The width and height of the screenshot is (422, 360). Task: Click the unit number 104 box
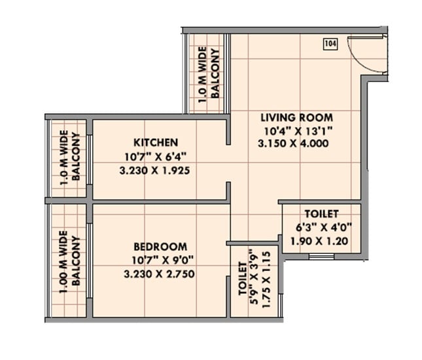[330, 45]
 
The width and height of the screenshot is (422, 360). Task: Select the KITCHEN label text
[156, 142]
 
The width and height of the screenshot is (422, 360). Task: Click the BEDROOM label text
[160, 247]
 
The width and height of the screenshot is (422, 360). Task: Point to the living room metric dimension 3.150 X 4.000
[294, 144]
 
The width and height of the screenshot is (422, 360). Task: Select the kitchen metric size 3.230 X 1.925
[156, 170]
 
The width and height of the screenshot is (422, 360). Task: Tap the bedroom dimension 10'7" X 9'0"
[160, 261]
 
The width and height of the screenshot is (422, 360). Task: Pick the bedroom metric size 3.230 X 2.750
[160, 274]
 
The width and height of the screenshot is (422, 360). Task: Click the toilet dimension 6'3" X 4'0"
[321, 227]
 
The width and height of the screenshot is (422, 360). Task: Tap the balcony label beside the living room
[208, 73]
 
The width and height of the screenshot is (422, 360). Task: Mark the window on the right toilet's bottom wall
[321, 256]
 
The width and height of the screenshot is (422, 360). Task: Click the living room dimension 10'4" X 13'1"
[294, 131]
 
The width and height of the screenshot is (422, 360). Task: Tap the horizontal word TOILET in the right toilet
[321, 214]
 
